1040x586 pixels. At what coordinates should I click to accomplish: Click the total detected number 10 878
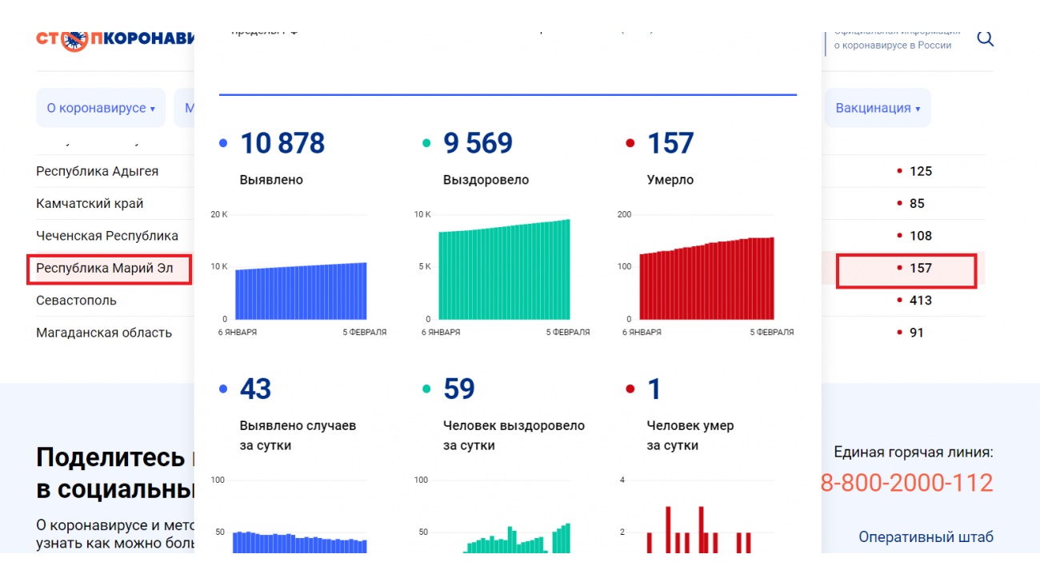coord(282,144)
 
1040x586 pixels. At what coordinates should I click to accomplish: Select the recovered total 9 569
coord(478,144)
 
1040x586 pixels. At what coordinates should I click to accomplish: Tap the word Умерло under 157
coord(670,180)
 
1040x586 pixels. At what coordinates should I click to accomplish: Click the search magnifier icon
coord(985,38)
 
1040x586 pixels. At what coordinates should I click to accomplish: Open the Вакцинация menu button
coord(878,108)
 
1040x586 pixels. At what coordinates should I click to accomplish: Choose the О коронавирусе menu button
coord(100,108)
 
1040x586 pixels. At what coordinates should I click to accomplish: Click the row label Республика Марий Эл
coord(105,268)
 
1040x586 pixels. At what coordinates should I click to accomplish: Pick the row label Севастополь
coord(76,301)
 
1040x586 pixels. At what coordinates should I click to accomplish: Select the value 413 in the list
coord(920,301)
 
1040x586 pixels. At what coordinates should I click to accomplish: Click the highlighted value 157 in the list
coord(920,268)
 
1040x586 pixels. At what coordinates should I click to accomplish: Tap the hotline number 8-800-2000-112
coord(906,483)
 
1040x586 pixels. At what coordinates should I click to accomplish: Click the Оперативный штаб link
coord(926,537)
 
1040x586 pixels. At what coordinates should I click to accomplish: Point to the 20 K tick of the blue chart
coord(219,214)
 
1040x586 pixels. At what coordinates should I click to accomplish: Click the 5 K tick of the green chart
coord(424,266)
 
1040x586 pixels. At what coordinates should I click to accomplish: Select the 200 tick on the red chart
coord(624,214)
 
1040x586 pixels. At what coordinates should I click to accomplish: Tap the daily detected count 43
coord(255,389)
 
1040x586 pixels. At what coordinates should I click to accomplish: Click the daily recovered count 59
coord(458,389)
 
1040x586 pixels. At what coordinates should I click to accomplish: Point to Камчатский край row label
coord(90,204)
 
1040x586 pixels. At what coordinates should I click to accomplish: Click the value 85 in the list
coord(917,204)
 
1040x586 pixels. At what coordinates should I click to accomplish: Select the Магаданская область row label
coord(104,333)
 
